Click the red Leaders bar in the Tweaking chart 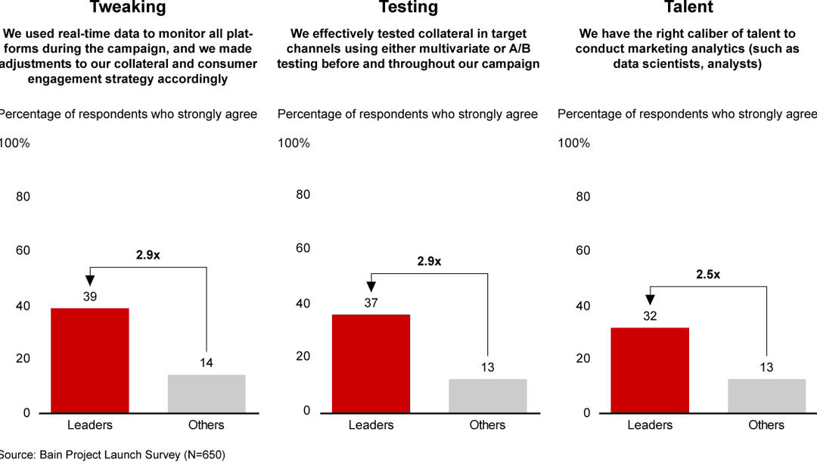click(x=89, y=360)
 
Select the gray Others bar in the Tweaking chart click(x=206, y=393)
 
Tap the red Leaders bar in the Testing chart click(x=371, y=363)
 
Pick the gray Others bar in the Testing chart click(x=487, y=396)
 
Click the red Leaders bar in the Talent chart click(x=650, y=370)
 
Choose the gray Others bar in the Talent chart click(x=766, y=396)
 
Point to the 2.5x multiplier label click(x=708, y=275)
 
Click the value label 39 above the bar click(x=89, y=297)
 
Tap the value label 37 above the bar click(x=371, y=303)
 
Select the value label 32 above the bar click(x=650, y=316)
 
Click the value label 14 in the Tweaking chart click(x=206, y=363)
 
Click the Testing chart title click(x=408, y=8)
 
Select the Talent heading click(x=688, y=8)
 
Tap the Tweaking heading click(x=128, y=8)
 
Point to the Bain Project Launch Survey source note click(x=113, y=455)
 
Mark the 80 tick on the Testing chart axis click(x=303, y=194)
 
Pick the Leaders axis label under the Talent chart click(x=650, y=425)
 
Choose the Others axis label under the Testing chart click(x=487, y=425)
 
